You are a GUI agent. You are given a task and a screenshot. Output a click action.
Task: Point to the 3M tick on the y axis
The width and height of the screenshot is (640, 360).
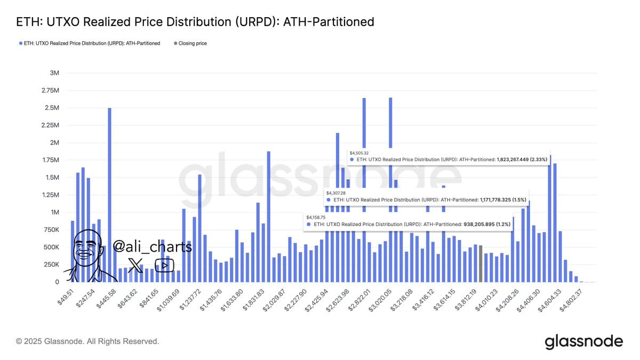[x=53, y=73]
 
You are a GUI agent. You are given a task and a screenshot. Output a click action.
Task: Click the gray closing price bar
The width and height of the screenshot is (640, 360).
[x=481, y=263]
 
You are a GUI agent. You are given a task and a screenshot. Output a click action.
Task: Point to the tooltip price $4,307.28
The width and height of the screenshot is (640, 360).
[x=336, y=193]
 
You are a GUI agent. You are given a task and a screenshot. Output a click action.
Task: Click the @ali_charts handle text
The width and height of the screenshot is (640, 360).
[x=152, y=246]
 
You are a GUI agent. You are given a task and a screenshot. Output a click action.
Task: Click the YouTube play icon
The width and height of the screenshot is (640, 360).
[x=164, y=265]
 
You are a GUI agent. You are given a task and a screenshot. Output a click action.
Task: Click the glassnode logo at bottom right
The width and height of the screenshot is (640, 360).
[x=583, y=341]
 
